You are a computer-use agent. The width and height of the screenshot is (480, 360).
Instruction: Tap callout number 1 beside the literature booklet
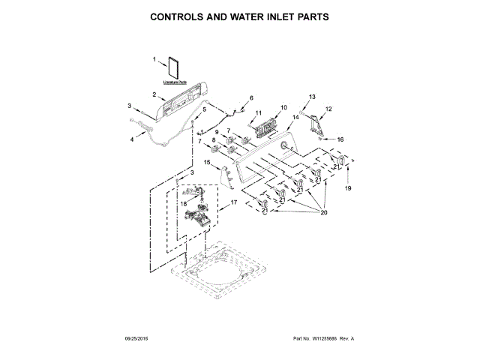click(154, 59)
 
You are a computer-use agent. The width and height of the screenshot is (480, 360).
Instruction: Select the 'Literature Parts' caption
click(175, 82)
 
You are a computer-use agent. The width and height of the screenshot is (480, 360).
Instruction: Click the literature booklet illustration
click(176, 67)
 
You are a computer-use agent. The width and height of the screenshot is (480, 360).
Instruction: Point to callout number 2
click(154, 95)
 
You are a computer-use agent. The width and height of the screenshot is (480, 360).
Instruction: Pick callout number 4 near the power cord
click(133, 139)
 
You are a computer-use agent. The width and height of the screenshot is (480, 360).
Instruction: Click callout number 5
click(202, 109)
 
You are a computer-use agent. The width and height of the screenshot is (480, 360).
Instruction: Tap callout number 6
click(251, 97)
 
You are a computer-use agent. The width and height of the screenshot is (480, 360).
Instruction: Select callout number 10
click(283, 107)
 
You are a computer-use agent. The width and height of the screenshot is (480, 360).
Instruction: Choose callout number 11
click(259, 113)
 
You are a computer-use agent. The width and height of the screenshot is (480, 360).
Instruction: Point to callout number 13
click(313, 97)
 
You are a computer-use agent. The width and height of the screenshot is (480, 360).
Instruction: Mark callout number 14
click(295, 118)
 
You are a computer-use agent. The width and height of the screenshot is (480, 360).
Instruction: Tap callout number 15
click(207, 162)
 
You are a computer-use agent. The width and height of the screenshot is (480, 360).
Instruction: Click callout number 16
click(340, 139)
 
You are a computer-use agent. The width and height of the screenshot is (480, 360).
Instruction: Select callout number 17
click(233, 202)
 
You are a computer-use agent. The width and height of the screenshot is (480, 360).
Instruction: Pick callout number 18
click(183, 203)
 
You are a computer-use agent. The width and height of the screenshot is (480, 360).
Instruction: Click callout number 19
click(347, 189)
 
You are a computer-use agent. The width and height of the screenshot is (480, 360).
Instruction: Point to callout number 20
click(325, 212)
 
